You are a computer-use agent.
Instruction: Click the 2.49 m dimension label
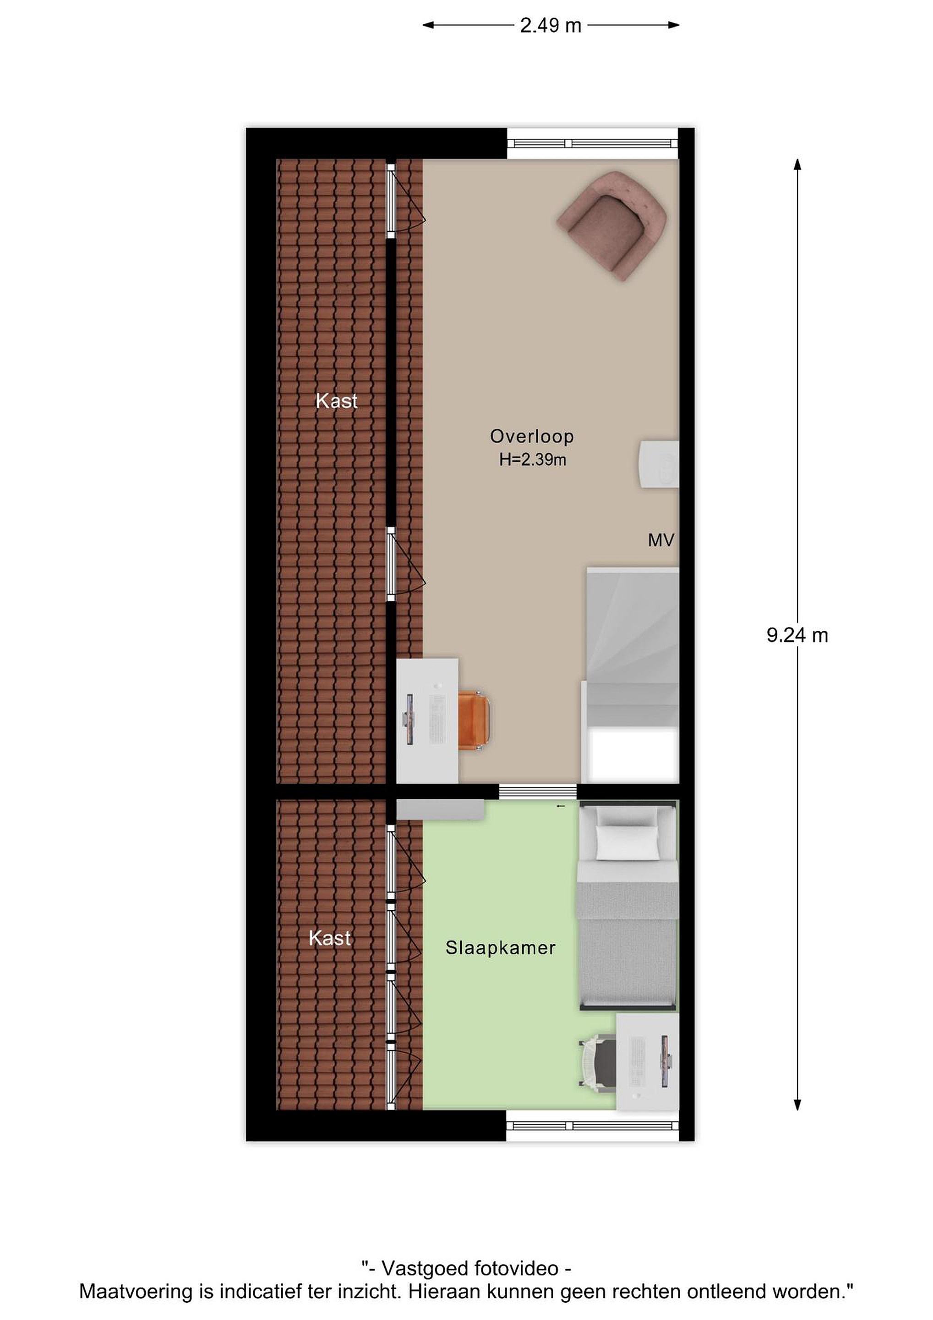551,26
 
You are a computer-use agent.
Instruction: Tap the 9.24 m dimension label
797,635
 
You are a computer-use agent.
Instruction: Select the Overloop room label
531,436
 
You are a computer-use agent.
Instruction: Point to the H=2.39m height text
533,460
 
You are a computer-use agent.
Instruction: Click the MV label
660,540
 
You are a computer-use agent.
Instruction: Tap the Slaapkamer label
501,948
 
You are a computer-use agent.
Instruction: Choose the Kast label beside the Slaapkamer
330,938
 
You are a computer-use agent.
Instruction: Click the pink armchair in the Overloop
612,225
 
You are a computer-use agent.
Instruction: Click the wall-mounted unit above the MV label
659,465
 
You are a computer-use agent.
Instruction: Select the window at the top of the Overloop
592,144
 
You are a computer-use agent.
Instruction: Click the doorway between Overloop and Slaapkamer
538,792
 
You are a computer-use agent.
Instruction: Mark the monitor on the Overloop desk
409,719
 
